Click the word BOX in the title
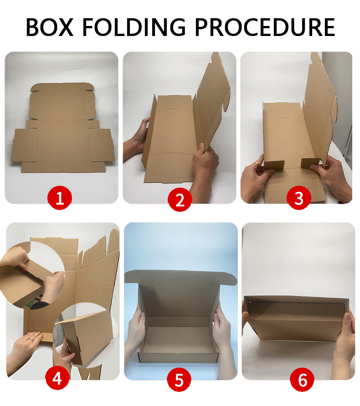50,27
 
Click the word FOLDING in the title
134,27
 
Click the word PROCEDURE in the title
265,27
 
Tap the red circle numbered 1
60,199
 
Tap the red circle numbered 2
180,200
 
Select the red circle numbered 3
298,199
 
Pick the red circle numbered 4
57,379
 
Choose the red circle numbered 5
179,380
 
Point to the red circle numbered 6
302,380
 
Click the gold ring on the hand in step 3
256,164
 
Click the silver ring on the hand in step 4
31,339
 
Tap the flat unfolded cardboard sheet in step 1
63,128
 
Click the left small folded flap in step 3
274,165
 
